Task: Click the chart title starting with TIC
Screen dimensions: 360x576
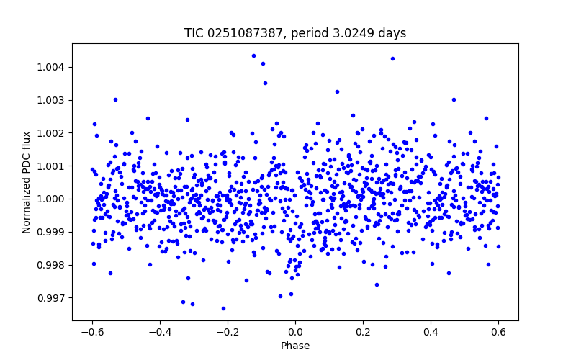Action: pyautogui.click(x=295, y=33)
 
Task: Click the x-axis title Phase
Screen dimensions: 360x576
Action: pyautogui.click(x=295, y=346)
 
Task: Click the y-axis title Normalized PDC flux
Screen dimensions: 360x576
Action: pyautogui.click(x=27, y=182)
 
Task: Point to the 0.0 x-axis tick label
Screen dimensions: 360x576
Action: pyautogui.click(x=295, y=332)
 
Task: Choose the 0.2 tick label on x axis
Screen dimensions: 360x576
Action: pyautogui.click(x=363, y=332)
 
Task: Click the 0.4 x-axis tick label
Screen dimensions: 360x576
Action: pyautogui.click(x=431, y=332)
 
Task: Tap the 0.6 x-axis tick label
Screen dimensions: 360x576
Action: pyautogui.click(x=498, y=332)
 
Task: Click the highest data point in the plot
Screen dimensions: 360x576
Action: pyautogui.click(x=253, y=55)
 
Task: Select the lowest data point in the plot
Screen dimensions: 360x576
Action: pyautogui.click(x=223, y=308)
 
